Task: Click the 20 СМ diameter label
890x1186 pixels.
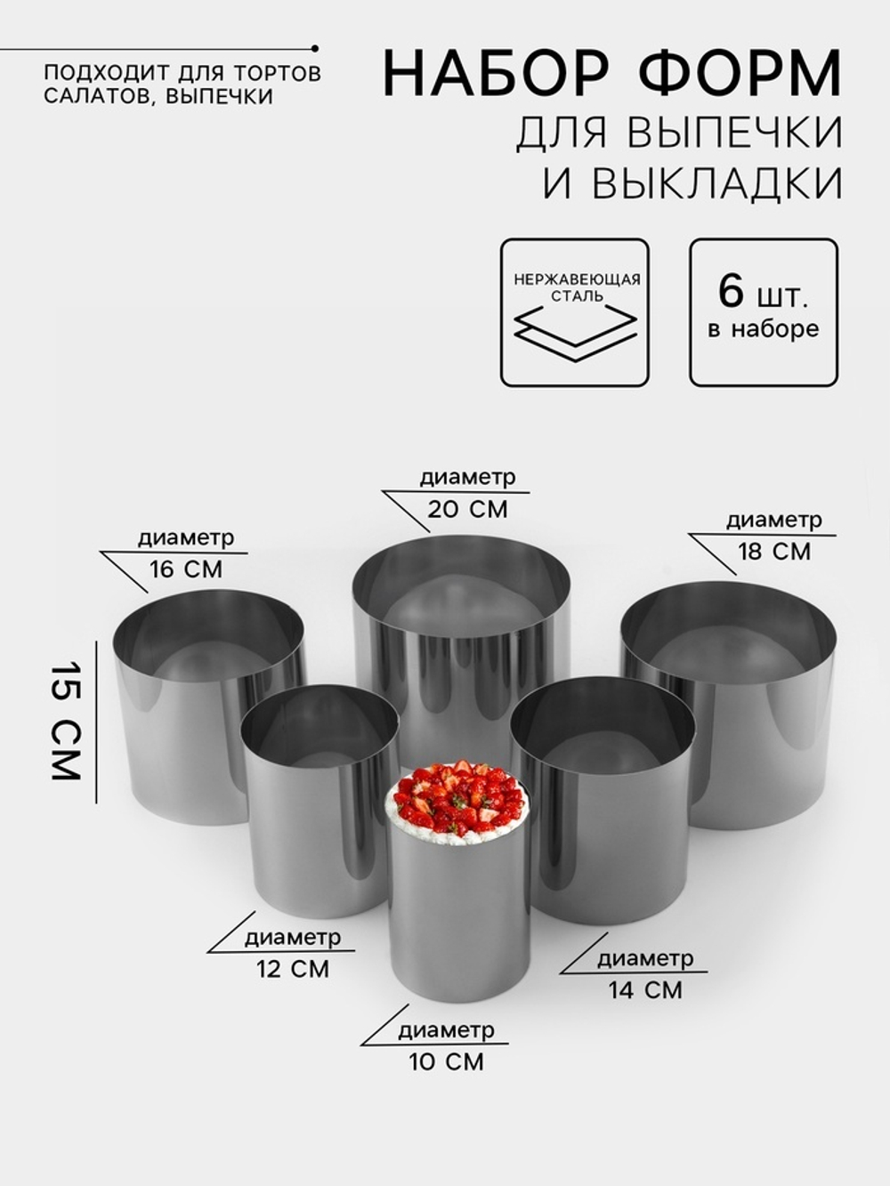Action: click(x=467, y=509)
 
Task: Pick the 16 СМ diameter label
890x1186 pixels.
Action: click(x=185, y=569)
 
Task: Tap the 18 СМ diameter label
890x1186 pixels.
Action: click(x=773, y=552)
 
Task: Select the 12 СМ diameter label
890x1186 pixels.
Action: click(x=293, y=969)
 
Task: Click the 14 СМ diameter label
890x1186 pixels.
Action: click(x=645, y=989)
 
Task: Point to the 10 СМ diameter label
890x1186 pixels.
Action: click(x=446, y=1061)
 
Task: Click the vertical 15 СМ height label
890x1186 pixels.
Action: click(x=66, y=722)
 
